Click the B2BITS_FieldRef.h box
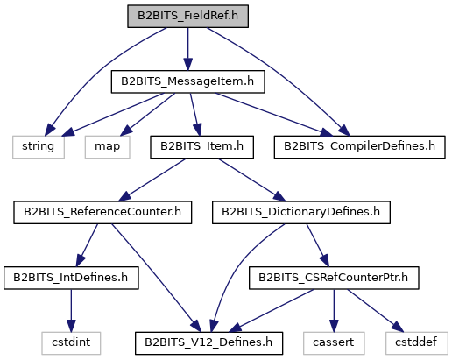tap(187, 17)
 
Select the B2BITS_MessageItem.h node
tap(187, 81)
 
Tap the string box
tap(39, 147)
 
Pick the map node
tap(108, 147)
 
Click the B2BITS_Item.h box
tap(201, 147)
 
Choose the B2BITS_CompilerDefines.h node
tap(359, 147)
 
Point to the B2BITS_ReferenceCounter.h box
tap(102, 213)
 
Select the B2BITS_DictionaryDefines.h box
tap(301, 213)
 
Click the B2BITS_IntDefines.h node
tap(71, 278)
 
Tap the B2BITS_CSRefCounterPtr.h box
tap(334, 278)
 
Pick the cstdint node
tap(71, 343)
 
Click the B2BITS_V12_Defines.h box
tap(208, 343)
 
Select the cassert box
tap(334, 343)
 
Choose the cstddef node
tap(417, 343)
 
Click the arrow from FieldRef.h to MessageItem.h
tap(187, 49)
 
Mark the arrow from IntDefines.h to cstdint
tap(71, 311)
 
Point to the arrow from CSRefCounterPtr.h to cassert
tap(334, 311)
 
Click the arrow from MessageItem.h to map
tap(148, 115)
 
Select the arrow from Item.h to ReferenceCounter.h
tap(152, 180)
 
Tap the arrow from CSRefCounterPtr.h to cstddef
tap(376, 311)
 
